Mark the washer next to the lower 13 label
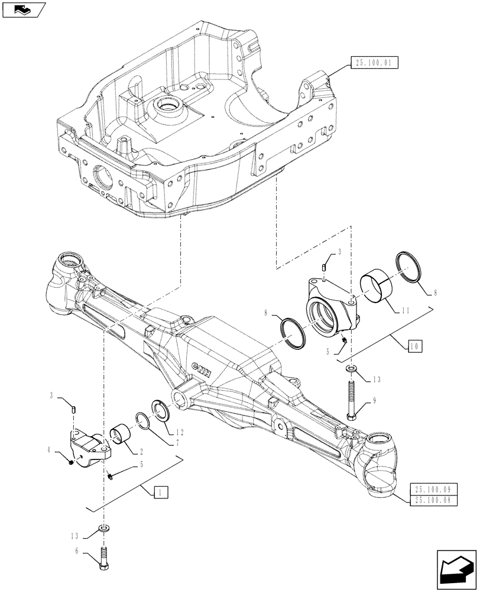(105, 527)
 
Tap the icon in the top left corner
(23, 9)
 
